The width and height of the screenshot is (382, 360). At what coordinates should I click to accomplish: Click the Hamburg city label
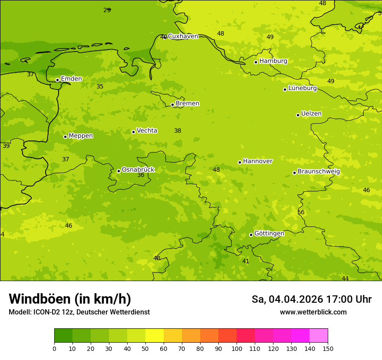pyautogui.click(x=273, y=61)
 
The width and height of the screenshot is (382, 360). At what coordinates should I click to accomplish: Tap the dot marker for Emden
pyautogui.click(x=57, y=80)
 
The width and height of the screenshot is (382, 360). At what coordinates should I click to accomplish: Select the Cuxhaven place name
pyautogui.click(x=183, y=36)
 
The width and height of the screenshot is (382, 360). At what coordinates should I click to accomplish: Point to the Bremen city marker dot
pyautogui.click(x=172, y=105)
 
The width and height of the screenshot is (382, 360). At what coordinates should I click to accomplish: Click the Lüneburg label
pyautogui.click(x=303, y=88)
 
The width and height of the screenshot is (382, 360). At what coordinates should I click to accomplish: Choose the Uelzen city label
pyautogui.click(x=311, y=114)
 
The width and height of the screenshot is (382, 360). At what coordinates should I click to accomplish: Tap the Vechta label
pyautogui.click(x=147, y=131)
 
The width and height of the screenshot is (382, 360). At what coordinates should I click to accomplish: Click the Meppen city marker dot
pyautogui.click(x=65, y=137)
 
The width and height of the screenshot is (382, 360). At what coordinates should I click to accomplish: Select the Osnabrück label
pyautogui.click(x=138, y=170)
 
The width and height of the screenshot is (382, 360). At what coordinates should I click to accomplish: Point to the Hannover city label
pyautogui.click(x=257, y=161)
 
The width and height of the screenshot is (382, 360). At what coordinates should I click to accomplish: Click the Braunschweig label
pyautogui.click(x=319, y=172)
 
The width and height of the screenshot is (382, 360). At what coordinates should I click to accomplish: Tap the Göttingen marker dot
pyautogui.click(x=251, y=235)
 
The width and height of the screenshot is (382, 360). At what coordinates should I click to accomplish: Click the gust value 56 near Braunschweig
pyautogui.click(x=301, y=212)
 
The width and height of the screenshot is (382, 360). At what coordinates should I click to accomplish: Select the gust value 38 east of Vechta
pyautogui.click(x=178, y=131)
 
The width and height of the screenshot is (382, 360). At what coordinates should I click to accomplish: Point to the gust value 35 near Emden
pyautogui.click(x=100, y=86)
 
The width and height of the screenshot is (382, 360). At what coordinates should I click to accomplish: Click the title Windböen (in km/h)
pyautogui.click(x=70, y=299)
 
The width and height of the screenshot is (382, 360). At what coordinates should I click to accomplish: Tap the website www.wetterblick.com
pyautogui.click(x=313, y=312)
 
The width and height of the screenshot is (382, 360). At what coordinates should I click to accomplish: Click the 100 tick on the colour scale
pyautogui.click(x=237, y=348)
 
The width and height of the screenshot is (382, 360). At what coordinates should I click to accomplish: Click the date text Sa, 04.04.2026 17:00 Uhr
pyautogui.click(x=311, y=299)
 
